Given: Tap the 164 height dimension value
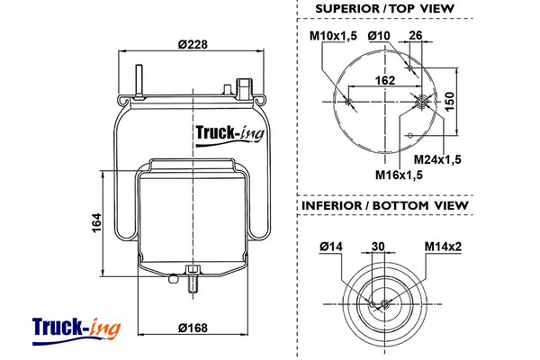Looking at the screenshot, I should [x=96, y=221].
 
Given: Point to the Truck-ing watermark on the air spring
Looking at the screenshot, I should [x=229, y=137].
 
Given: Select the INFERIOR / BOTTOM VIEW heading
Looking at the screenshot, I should [x=383, y=206].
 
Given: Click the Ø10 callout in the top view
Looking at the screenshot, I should [x=379, y=36].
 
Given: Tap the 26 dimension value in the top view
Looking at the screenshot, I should [x=416, y=36].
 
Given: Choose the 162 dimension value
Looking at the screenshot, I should [x=385, y=80].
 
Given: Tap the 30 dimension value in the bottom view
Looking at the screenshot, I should [x=377, y=247].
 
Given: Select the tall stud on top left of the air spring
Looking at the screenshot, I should [x=139, y=79].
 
